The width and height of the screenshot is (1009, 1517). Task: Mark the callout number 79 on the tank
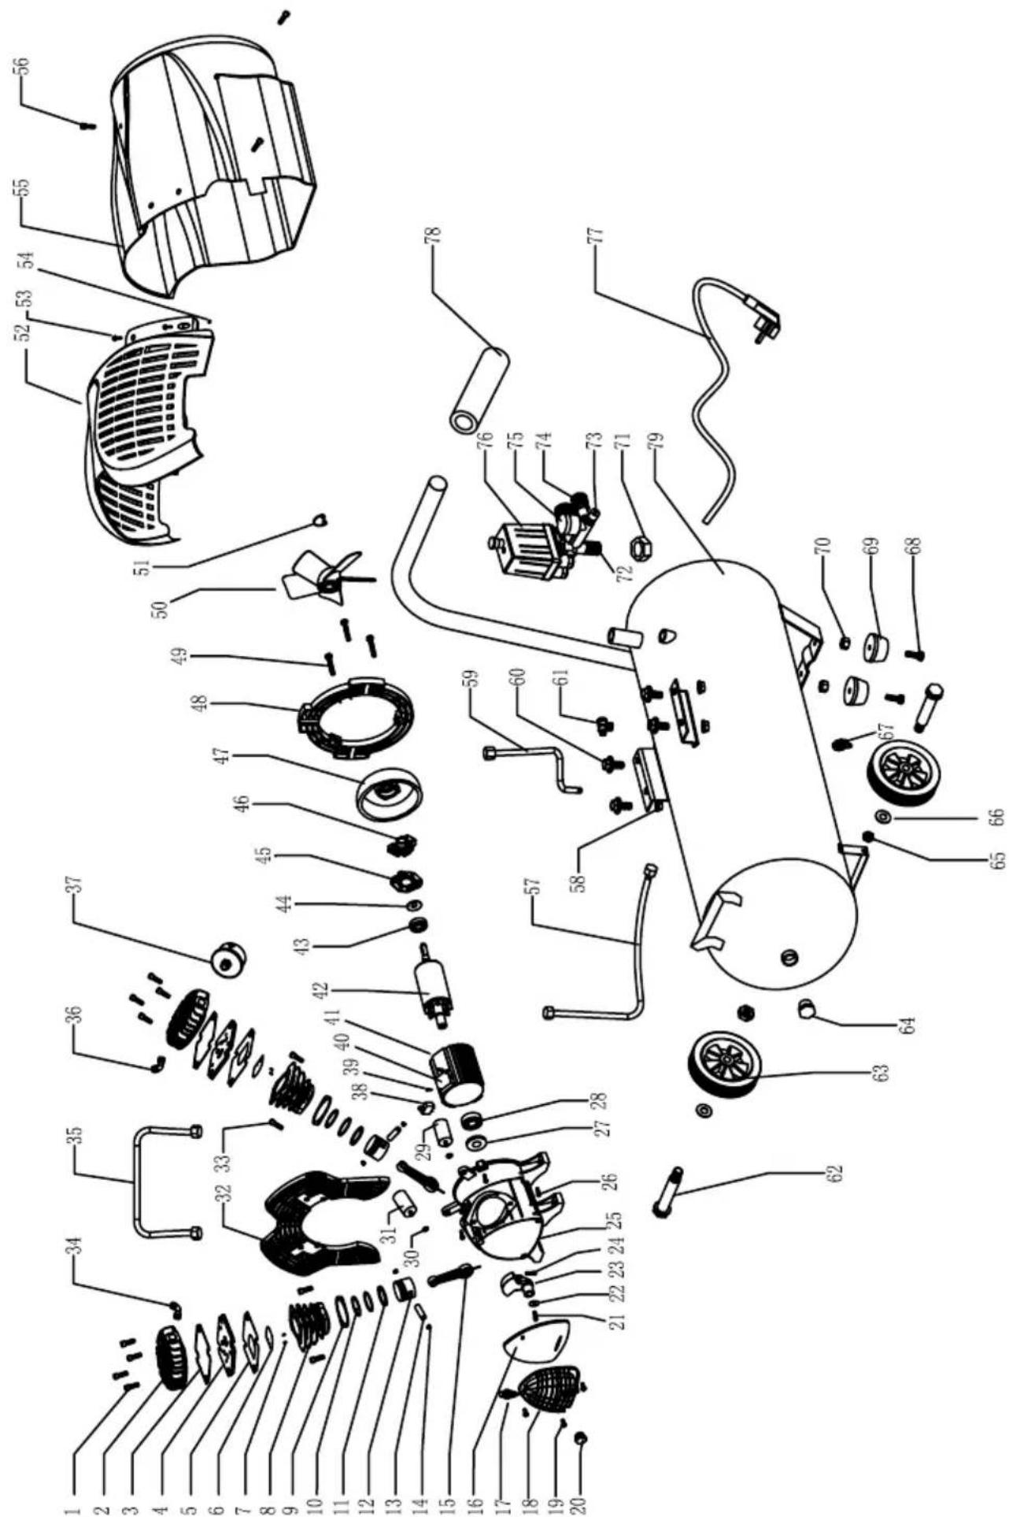660,436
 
